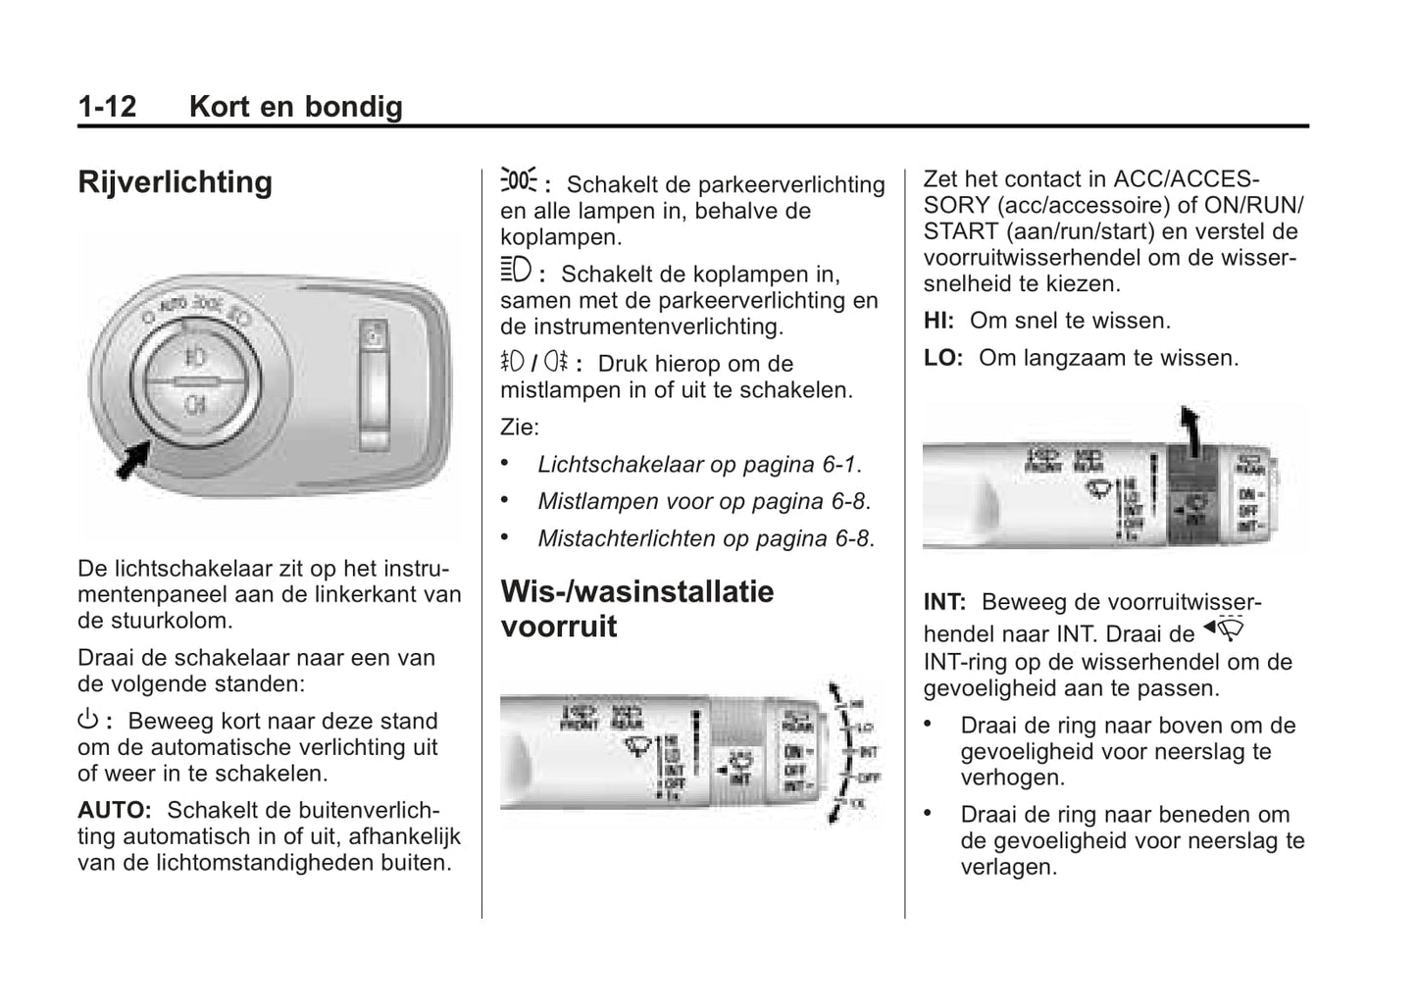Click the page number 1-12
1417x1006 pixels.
click(x=107, y=106)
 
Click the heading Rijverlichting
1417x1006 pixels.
click(x=176, y=182)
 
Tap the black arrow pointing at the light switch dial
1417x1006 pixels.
click(x=132, y=460)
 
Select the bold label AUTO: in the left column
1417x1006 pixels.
click(x=115, y=811)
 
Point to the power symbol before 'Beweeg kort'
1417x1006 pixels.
click(x=87, y=721)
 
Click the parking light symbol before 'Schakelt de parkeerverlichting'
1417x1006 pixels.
click(x=519, y=181)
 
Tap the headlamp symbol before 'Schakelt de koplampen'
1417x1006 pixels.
click(x=516, y=270)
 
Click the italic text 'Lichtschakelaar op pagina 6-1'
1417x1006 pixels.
click(x=699, y=465)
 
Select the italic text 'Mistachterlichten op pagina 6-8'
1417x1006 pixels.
click(x=705, y=538)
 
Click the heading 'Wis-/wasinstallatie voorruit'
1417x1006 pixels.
click(x=636, y=608)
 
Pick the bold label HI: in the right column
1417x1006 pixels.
click(x=938, y=321)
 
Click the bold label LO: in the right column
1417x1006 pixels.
click(x=942, y=358)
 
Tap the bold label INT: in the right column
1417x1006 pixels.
click(x=944, y=602)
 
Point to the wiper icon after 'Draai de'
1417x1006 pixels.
click(x=1225, y=629)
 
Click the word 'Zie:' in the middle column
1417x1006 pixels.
click(x=520, y=428)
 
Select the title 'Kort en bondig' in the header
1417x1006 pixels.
click(x=296, y=106)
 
